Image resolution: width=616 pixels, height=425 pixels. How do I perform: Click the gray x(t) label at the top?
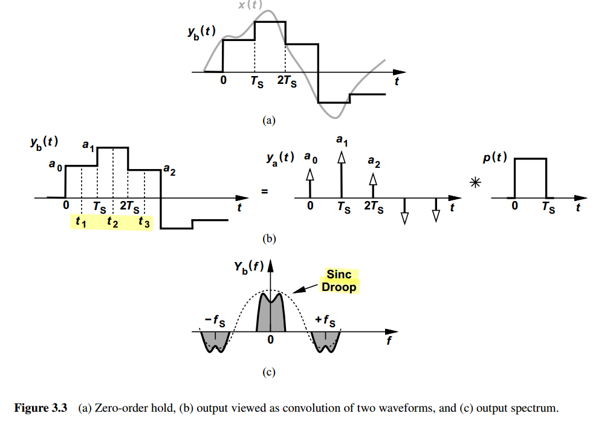(x=250, y=4)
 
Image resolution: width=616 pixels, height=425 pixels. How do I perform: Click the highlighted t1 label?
(x=81, y=222)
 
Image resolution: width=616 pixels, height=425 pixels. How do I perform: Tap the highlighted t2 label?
(x=113, y=222)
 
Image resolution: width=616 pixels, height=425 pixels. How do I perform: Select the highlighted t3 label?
(x=144, y=223)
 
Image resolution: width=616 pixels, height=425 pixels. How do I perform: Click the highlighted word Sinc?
(x=339, y=274)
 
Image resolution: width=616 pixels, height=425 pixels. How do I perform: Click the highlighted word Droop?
(x=339, y=287)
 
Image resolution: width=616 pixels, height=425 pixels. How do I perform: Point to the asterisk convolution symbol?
(x=475, y=182)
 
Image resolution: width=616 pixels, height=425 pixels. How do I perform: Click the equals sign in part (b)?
(x=265, y=191)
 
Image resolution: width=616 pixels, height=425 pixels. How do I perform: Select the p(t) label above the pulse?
(x=495, y=158)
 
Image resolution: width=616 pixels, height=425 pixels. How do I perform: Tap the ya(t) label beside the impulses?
(x=280, y=158)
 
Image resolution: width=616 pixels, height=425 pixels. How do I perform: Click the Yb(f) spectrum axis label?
(x=248, y=267)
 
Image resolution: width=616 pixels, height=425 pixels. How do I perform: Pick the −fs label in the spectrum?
(x=215, y=321)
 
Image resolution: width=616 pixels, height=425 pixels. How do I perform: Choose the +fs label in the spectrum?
(x=325, y=321)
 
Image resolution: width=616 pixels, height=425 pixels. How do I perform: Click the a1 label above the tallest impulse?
(x=342, y=140)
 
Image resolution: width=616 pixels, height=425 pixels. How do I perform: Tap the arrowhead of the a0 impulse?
(x=310, y=174)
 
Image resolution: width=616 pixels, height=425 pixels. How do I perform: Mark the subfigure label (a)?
(x=269, y=120)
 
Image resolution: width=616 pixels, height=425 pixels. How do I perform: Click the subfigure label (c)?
(x=269, y=372)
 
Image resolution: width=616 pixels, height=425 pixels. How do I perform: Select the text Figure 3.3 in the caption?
(x=41, y=408)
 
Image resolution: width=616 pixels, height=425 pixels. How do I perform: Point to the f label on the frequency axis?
(x=389, y=340)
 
